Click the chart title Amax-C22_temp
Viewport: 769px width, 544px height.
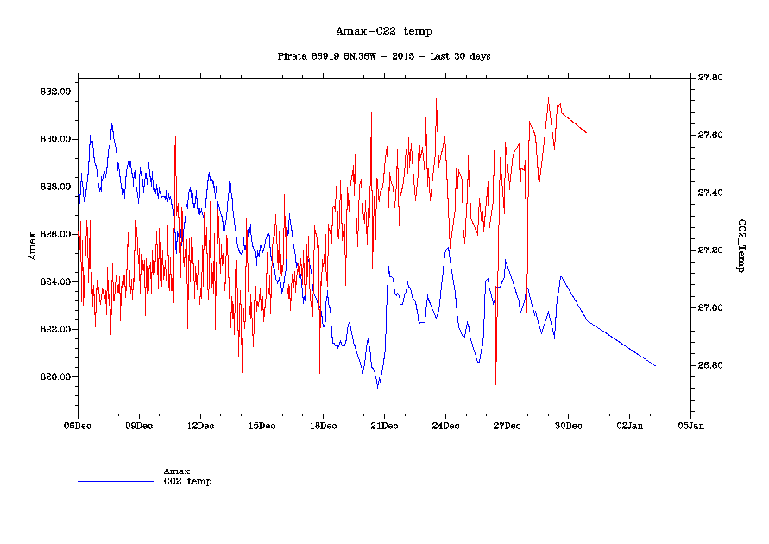[384, 32]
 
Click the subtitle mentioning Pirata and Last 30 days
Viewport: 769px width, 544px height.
[384, 56]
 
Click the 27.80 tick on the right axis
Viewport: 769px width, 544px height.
[711, 78]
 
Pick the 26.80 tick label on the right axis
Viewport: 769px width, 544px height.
[711, 365]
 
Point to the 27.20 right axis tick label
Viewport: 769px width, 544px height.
[711, 250]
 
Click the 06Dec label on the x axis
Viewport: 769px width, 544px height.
[78, 426]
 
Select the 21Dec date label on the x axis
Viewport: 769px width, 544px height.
[384, 426]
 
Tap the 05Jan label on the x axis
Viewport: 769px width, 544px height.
[690, 426]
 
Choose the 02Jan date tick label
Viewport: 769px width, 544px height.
[629, 426]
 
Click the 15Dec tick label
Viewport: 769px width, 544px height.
[262, 426]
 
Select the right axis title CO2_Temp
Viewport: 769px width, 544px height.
[741, 246]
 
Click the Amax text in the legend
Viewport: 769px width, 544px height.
[177, 471]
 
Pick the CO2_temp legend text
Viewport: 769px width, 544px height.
[187, 481]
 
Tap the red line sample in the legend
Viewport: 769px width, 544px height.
[115, 471]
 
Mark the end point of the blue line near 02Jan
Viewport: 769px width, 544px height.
[656, 366]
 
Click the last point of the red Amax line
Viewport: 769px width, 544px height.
[587, 133]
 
